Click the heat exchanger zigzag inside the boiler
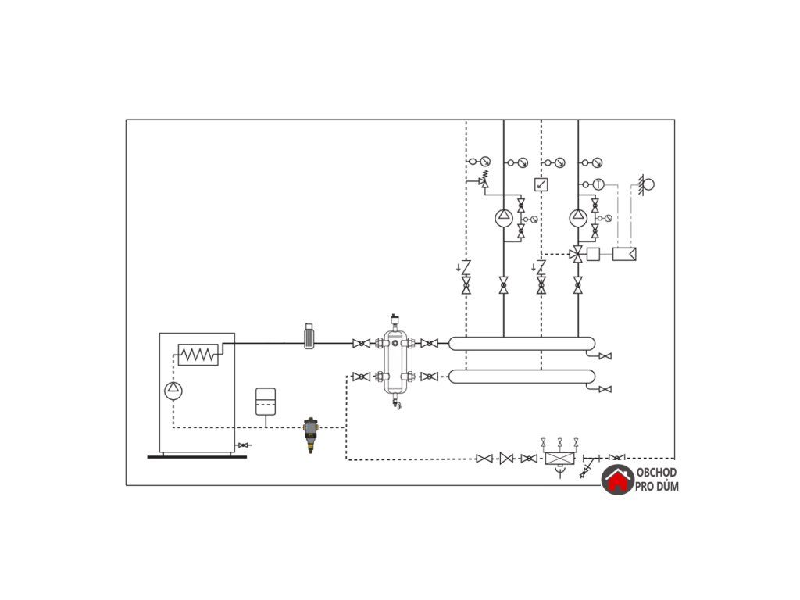(198, 355)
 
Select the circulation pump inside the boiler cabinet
(173, 390)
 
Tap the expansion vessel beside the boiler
(266, 400)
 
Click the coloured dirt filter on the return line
(310, 431)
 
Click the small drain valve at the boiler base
(244, 445)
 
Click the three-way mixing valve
(577, 253)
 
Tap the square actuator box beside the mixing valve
(593, 253)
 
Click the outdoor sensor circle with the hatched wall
(647, 184)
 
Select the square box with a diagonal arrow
(541, 184)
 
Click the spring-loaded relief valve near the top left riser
(484, 180)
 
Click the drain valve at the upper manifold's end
(605, 356)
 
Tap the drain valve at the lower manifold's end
(605, 389)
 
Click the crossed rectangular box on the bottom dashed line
(559, 459)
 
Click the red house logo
(617, 480)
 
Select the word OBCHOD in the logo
(657, 473)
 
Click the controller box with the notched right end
(624, 253)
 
